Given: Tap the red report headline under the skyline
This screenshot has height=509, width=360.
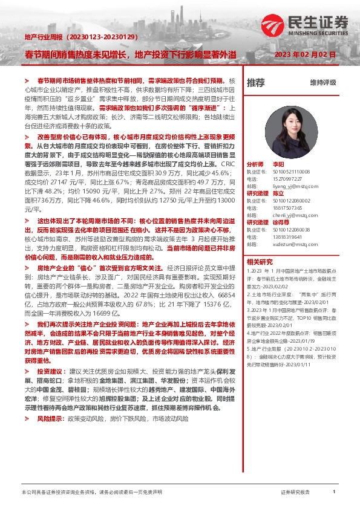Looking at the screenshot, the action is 131,55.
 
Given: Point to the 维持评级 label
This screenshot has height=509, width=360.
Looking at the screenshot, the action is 322,82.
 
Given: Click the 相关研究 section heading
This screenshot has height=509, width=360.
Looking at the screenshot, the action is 260,262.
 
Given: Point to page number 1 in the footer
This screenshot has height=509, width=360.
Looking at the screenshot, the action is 334,492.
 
